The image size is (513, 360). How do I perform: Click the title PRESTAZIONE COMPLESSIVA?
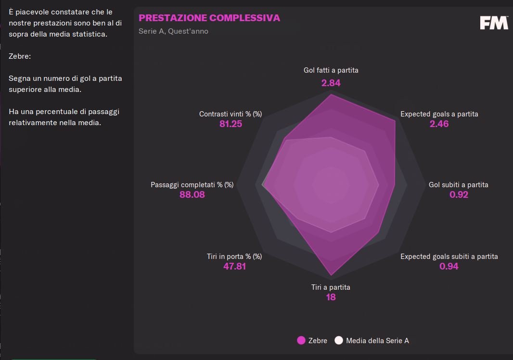coord(209,18)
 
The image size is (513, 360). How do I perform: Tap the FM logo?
coord(494,23)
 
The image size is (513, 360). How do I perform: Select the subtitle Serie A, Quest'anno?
coord(173,31)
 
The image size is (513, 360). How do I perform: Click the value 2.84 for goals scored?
coord(331,83)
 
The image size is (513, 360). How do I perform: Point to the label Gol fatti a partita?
coord(331,70)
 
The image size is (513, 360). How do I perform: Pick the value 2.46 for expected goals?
coord(439,124)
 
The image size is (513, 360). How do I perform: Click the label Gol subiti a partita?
coord(458,185)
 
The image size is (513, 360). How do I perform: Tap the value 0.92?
coord(459,194)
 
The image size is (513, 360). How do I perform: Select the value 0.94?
coord(449,266)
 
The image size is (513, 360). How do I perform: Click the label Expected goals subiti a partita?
coord(449,257)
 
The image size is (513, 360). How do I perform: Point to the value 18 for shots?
coord(331,297)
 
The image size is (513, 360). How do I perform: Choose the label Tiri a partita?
coord(331,287)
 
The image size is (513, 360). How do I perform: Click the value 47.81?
coord(234,266)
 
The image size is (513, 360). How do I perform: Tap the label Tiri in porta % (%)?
coord(234,257)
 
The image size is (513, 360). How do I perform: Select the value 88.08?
coord(192,194)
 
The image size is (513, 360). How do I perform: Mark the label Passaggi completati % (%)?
coord(192,185)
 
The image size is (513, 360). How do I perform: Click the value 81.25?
coord(231,124)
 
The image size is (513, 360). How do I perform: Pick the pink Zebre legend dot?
coord(301,341)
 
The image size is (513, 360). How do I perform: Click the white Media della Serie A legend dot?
coord(339,341)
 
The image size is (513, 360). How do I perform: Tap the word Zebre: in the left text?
coord(20,56)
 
